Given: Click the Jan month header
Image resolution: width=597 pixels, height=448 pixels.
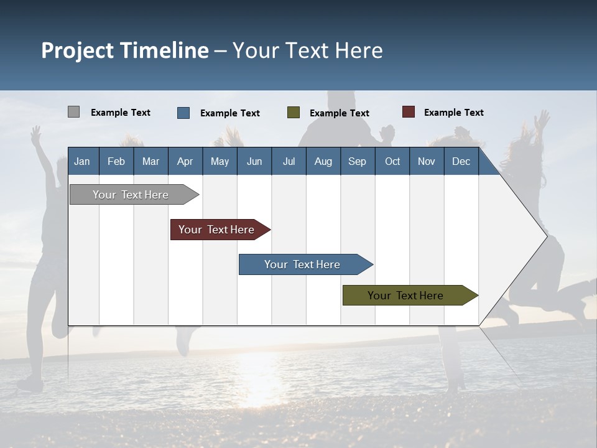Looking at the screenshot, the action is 82,162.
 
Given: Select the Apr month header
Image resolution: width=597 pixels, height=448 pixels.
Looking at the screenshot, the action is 185,162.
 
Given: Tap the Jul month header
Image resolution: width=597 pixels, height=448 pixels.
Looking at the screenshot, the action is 289,162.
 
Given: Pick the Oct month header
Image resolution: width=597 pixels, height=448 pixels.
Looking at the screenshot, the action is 392,162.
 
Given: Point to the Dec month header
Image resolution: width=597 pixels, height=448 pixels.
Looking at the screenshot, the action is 461,162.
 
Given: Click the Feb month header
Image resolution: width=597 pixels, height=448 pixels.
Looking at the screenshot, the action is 116,162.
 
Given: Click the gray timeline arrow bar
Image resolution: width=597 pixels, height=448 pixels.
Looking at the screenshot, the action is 134,194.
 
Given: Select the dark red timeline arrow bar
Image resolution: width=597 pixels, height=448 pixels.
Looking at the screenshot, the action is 220,230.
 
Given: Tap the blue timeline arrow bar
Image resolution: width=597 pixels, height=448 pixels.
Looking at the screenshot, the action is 306,264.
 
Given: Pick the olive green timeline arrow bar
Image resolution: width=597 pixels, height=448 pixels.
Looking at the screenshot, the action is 410,295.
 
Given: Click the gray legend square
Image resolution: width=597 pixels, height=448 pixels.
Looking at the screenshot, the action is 73,111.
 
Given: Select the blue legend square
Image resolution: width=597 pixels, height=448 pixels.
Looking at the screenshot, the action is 183,113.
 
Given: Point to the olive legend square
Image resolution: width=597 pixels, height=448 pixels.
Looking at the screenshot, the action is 293,113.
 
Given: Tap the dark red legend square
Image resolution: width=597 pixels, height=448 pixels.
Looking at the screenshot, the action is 409,111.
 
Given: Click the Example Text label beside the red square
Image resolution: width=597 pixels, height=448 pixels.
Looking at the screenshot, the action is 454,113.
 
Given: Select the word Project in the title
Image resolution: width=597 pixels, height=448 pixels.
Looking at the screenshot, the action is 77,50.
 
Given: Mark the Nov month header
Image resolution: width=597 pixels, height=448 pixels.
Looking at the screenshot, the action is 427,162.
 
